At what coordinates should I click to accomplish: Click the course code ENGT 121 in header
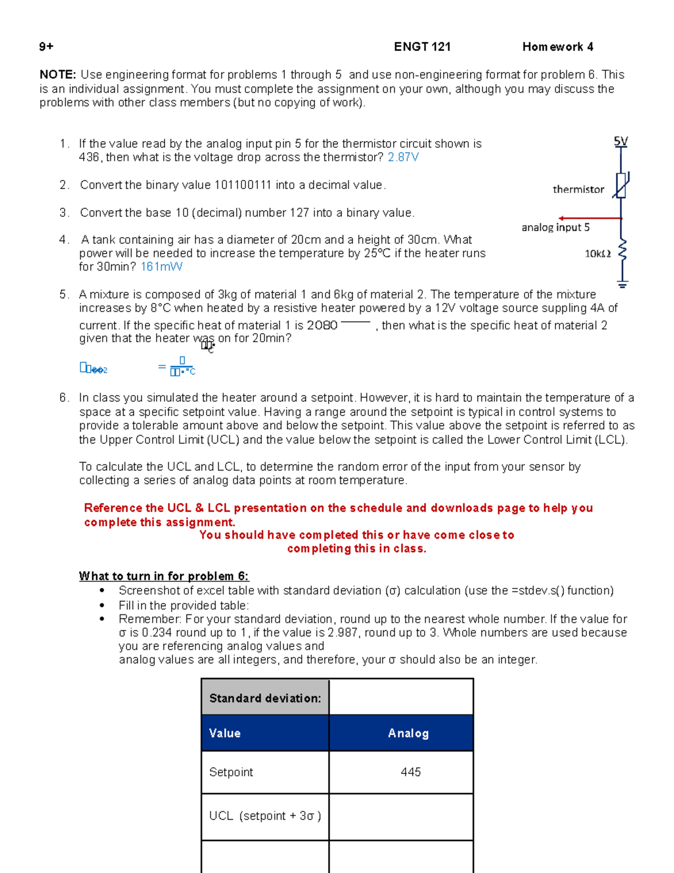coord(422,47)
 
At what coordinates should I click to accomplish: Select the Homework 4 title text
coord(557,47)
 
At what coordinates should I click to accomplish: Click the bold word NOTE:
coord(57,75)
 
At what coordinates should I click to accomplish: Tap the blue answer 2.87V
coord(403,157)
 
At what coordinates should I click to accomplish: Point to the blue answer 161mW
coord(161,266)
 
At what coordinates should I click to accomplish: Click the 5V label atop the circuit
coord(620,142)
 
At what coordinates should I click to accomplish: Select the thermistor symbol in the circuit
coord(621,186)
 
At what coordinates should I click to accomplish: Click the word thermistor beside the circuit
coord(578,189)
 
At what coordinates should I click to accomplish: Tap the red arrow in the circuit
coord(589,218)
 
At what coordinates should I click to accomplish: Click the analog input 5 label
coord(555,227)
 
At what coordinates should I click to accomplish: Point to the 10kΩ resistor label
coord(597,254)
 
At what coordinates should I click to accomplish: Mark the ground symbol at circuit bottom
coord(622,283)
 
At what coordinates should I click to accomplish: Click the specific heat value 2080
coord(322,325)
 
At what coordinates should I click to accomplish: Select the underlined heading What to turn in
coord(163,576)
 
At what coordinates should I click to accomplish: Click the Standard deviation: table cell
coord(265,698)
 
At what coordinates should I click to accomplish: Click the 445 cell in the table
coord(411,772)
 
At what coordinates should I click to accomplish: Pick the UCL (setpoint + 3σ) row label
coord(265,816)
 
